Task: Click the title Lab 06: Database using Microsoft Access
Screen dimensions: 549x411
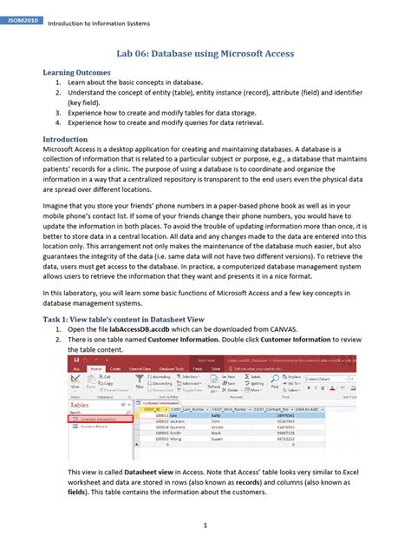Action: coord(205,54)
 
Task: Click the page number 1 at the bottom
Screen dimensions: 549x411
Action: coord(205,526)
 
